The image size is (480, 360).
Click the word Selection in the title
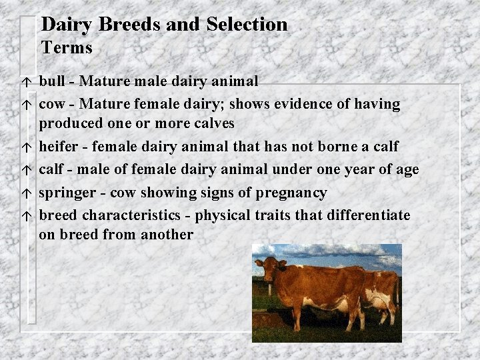coord(247,25)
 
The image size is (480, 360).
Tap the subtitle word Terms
coord(67,48)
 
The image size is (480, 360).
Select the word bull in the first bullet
coord(52,81)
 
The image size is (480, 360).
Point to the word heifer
coord(57,146)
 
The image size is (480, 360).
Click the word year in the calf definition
coord(364,170)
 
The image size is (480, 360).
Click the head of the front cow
coord(268,270)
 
